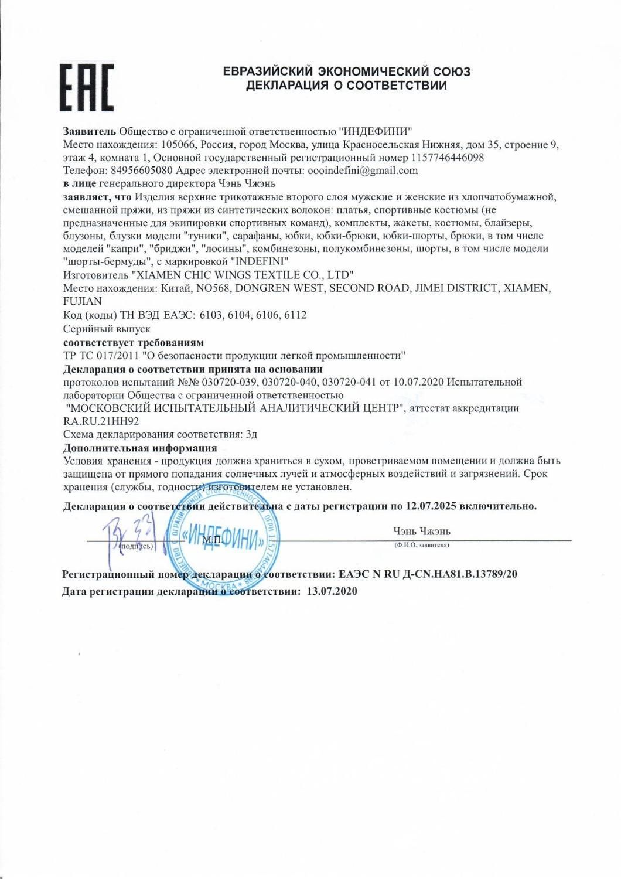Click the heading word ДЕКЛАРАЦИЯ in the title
click(287, 86)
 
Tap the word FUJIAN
click(82, 301)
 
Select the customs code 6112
click(295, 315)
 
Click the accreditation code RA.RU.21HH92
click(101, 421)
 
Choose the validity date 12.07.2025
click(429, 506)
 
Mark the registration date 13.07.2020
click(332, 591)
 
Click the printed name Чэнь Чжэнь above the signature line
click(422, 532)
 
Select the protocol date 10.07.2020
click(421, 382)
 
